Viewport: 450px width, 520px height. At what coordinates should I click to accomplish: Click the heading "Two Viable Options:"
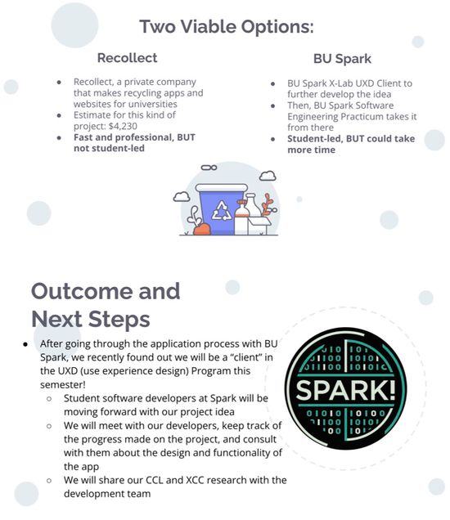tap(227, 26)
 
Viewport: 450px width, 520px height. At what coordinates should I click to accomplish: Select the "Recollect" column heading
tap(127, 58)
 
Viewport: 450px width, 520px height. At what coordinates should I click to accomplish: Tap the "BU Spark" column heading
tap(342, 59)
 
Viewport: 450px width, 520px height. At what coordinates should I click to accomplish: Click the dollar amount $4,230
tap(123, 126)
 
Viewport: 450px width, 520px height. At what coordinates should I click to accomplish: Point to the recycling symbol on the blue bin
tap(222, 211)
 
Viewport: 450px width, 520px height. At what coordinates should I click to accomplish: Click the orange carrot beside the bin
tap(201, 230)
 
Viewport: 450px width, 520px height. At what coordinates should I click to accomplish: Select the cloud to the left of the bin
tap(182, 197)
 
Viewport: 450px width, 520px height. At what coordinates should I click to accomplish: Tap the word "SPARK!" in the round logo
tap(345, 390)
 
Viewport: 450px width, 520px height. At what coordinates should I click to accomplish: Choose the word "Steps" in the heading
tap(119, 320)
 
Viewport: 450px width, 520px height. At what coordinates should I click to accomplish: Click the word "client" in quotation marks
tap(246, 357)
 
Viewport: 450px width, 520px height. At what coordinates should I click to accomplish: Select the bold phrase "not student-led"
tap(109, 148)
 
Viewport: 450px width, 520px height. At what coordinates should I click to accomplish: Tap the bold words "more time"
tap(311, 150)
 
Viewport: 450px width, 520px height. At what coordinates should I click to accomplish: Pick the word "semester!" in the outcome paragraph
tap(63, 385)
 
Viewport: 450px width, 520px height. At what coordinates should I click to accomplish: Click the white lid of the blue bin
tap(222, 188)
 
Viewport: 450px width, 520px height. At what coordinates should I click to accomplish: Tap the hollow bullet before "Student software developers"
tap(49, 399)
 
